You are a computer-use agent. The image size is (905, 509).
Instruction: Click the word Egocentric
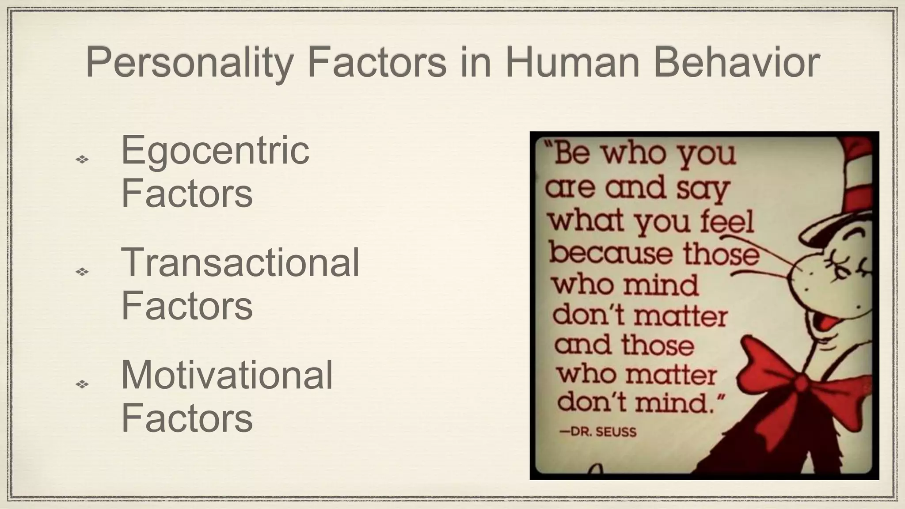click(215, 151)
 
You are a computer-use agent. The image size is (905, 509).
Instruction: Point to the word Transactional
click(240, 263)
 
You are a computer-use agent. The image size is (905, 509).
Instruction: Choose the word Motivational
click(227, 375)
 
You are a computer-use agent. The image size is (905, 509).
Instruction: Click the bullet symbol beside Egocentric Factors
click(82, 159)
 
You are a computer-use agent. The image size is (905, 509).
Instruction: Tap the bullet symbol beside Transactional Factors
click(82, 271)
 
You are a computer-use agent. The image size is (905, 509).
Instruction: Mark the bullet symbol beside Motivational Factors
click(82, 384)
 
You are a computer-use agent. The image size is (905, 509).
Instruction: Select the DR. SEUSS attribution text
click(598, 432)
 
